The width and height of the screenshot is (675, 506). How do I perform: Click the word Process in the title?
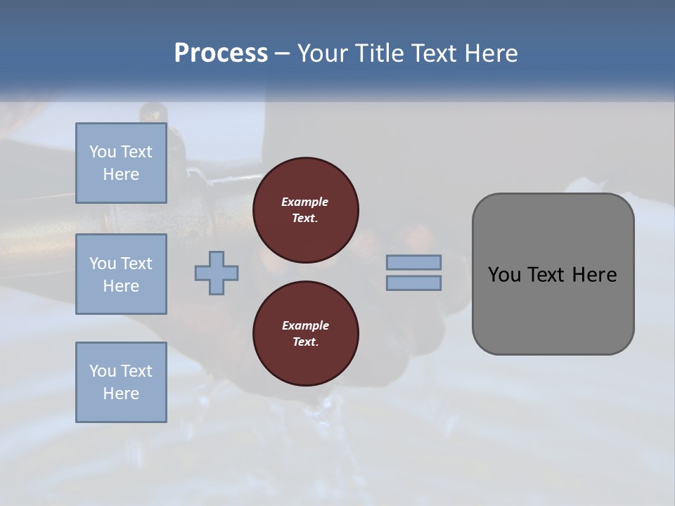pyautogui.click(x=221, y=53)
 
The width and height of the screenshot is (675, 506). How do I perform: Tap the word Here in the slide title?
pyautogui.click(x=489, y=53)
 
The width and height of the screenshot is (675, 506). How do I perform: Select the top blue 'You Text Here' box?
pyautogui.click(x=121, y=163)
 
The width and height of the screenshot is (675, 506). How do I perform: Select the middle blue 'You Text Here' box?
pyautogui.click(x=121, y=274)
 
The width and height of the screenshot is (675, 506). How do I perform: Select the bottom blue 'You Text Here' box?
pyautogui.click(x=121, y=382)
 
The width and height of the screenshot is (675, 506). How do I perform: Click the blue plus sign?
pyautogui.click(x=217, y=273)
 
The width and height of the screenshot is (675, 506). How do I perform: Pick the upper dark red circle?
pyautogui.click(x=306, y=210)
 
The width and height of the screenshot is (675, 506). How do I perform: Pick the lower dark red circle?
pyautogui.click(x=306, y=334)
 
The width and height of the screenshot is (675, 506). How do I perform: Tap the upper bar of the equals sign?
pyautogui.click(x=414, y=262)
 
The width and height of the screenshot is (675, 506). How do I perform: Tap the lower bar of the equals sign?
pyautogui.click(x=414, y=283)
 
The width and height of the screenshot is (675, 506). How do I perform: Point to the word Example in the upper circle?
pyautogui.click(x=305, y=202)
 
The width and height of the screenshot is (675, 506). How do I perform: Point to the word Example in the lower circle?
pyautogui.click(x=305, y=325)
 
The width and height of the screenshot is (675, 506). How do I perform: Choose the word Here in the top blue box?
pyautogui.click(x=121, y=174)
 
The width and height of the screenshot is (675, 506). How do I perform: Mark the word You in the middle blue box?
pyautogui.click(x=102, y=264)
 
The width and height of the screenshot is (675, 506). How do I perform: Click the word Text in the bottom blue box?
pyautogui.click(x=136, y=371)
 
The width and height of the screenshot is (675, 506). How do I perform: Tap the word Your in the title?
pyautogui.click(x=323, y=53)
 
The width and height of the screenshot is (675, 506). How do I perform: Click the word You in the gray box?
pyautogui.click(x=504, y=275)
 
